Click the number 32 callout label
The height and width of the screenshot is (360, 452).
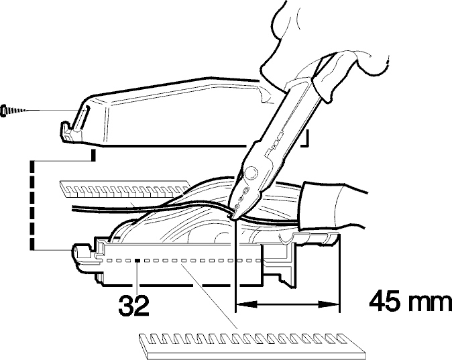coord(133,305)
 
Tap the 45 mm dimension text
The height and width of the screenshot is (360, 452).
coord(410,301)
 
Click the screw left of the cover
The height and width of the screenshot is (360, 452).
coord(13,111)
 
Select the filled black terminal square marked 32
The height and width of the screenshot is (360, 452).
coord(137,261)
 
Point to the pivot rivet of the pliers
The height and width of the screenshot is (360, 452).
coord(250,174)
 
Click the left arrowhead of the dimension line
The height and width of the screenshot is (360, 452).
coord(246,304)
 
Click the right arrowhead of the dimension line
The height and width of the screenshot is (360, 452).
coord(328,304)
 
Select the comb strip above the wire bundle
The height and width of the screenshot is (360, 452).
coord(124,189)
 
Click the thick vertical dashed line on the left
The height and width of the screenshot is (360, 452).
coord(33,204)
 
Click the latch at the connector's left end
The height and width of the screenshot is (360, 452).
coord(84,257)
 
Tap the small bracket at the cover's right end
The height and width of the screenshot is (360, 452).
coord(305,139)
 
